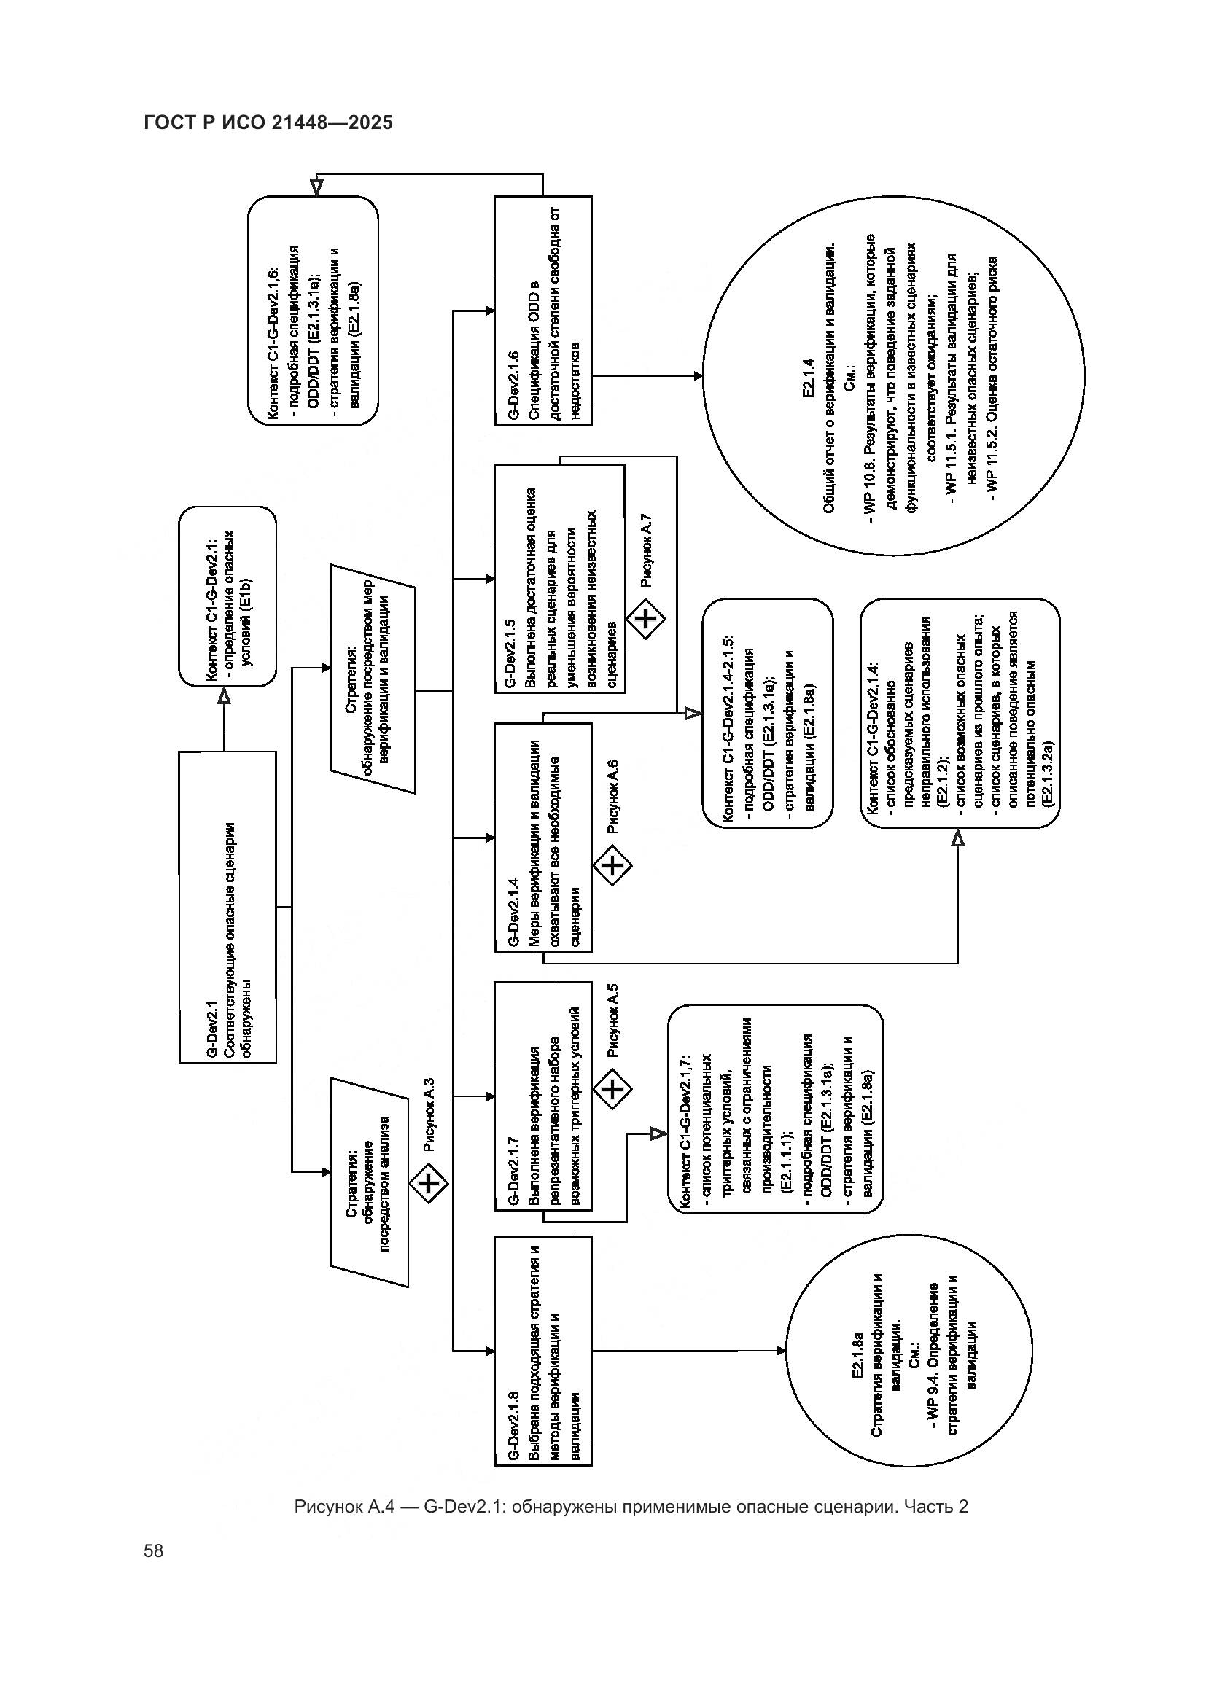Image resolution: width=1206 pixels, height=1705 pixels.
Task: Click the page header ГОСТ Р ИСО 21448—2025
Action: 268,122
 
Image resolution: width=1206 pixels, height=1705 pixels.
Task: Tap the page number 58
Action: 154,1551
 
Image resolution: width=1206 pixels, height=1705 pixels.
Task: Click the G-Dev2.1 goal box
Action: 227,907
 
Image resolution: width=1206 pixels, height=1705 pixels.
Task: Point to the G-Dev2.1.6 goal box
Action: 543,311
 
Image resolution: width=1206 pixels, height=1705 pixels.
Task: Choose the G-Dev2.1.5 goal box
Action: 559,579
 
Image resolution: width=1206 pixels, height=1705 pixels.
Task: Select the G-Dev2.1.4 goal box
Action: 543,837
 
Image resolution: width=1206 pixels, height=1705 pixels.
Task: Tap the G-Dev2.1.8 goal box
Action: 543,1350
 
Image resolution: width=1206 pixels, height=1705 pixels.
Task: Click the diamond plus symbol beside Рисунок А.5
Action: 612,1089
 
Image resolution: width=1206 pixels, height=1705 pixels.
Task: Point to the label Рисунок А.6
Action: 613,798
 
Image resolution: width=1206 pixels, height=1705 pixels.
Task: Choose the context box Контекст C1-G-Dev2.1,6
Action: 313,311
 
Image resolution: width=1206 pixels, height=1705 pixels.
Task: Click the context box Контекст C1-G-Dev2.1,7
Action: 775,1109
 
